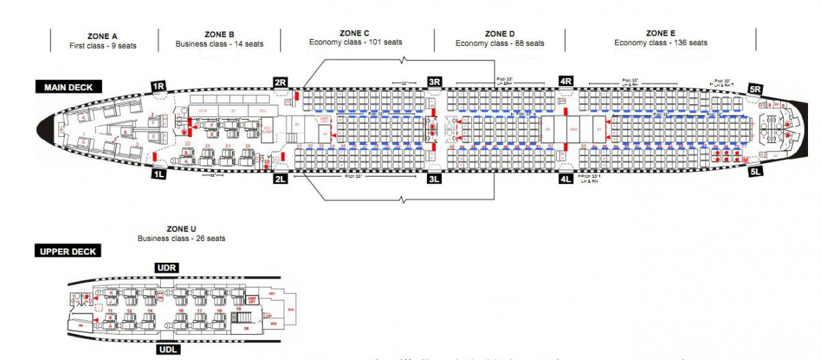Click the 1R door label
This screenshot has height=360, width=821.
[x=159, y=86]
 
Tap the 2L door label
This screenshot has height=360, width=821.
[x=280, y=179]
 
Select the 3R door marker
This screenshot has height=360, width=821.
[x=434, y=82]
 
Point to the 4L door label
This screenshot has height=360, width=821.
[x=566, y=179]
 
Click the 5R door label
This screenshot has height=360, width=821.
[x=755, y=89]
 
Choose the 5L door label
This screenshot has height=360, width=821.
[x=755, y=172]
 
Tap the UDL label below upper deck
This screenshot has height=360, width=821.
[x=168, y=350]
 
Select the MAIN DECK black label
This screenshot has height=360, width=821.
[x=68, y=87]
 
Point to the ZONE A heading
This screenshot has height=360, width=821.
[x=103, y=35]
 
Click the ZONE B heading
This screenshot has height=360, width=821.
[x=220, y=34]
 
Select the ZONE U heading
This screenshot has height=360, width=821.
[x=181, y=228]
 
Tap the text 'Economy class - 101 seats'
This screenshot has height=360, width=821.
[x=356, y=42]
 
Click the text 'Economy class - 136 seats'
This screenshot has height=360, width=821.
[x=660, y=42]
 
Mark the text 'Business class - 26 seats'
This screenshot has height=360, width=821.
[x=181, y=238]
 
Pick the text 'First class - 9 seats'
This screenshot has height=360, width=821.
[x=103, y=46]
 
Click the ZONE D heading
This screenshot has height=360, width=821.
[x=500, y=33]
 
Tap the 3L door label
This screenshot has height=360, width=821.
[x=434, y=179]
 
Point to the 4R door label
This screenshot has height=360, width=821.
[x=566, y=81]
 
